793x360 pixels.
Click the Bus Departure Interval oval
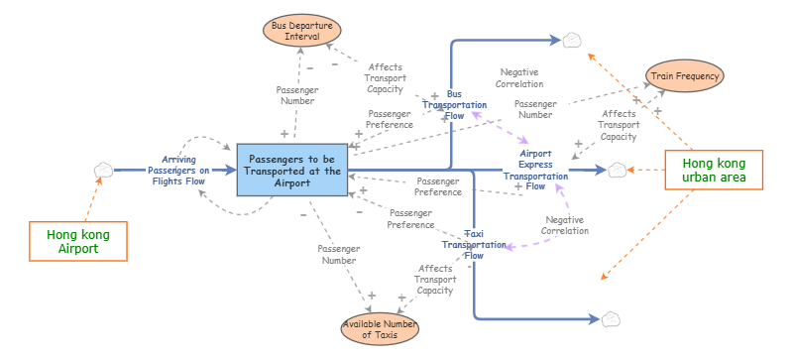coord(295,29)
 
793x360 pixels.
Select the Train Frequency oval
coord(685,74)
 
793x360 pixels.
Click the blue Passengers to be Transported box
coord(291,171)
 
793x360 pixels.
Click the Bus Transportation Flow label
coord(454,104)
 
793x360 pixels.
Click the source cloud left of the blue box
coord(102,171)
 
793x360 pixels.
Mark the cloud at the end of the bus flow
coord(573,41)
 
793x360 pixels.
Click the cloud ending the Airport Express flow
coord(618,171)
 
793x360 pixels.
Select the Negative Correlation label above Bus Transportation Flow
coord(520,78)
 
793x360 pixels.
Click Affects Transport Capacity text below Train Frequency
coord(619,125)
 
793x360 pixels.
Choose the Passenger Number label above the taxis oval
coord(337,254)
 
